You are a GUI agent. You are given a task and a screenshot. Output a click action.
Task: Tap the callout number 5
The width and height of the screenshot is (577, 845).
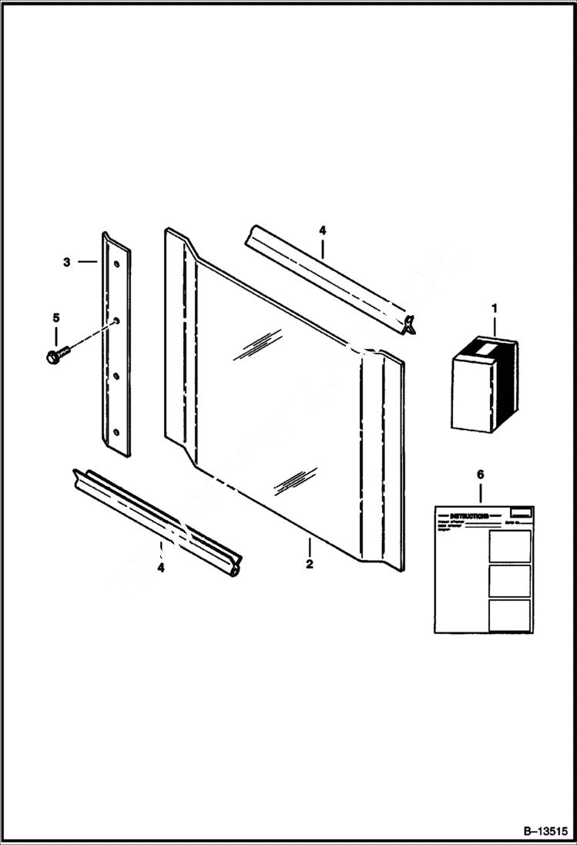[x=55, y=317]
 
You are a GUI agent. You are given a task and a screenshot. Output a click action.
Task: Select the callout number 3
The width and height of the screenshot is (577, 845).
[x=67, y=262]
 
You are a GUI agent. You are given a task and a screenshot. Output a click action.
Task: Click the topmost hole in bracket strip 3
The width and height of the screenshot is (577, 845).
[x=116, y=263]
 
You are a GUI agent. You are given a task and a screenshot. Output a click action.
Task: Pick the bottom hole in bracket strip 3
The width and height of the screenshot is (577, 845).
[x=117, y=432]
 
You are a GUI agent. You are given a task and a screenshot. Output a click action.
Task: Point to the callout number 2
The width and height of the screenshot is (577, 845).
[x=309, y=564]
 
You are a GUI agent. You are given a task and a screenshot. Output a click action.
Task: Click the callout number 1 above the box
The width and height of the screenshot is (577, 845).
[x=494, y=309]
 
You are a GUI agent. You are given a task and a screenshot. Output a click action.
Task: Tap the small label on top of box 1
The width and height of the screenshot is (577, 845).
[x=485, y=350]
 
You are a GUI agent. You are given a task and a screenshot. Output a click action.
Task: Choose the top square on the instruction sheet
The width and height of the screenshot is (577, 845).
[x=509, y=545]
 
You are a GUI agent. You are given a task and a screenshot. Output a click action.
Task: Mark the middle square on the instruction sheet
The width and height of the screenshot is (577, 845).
[x=509, y=581]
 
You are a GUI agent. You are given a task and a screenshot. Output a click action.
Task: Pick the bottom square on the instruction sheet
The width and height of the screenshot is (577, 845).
[x=509, y=615]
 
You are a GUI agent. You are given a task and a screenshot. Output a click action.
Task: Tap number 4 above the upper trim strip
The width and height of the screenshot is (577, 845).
[x=322, y=230]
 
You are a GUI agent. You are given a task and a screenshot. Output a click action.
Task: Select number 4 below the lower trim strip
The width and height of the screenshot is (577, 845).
[x=160, y=568]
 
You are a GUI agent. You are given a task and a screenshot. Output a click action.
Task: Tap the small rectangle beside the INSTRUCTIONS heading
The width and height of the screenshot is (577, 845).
[x=522, y=511]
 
